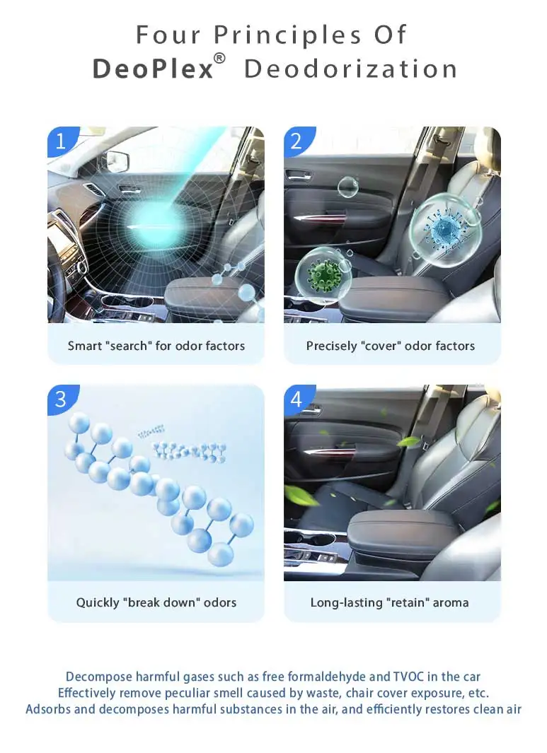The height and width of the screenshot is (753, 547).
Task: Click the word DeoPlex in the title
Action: coord(153,69)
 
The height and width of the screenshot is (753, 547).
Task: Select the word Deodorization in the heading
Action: coord(350,69)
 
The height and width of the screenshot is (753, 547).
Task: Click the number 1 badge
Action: coord(60,141)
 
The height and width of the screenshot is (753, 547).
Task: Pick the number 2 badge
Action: coord(296,141)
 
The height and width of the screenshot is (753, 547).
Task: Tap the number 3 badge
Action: coord(60,399)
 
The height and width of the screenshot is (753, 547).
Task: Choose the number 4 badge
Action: coord(296,399)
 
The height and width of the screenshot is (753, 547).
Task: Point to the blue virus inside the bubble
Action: coord(447,228)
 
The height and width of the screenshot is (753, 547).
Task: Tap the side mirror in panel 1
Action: coord(117,161)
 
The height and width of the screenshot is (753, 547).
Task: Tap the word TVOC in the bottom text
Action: coord(410,677)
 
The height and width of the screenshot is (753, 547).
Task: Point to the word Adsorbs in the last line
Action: coord(48,708)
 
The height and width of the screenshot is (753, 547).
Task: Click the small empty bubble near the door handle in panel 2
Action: coord(347,187)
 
